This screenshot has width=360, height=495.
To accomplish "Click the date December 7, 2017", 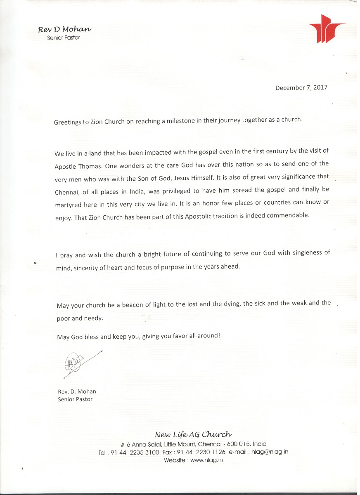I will (x=301, y=87).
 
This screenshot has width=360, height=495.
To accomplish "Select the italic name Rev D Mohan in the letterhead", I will (x=64, y=29).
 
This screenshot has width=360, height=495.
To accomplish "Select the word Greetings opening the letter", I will (x=68, y=123).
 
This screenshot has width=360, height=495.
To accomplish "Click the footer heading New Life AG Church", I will (x=193, y=434).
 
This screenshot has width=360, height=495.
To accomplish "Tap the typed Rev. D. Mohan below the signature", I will (x=77, y=391).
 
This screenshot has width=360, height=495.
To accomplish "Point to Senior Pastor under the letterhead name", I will (x=64, y=38).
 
